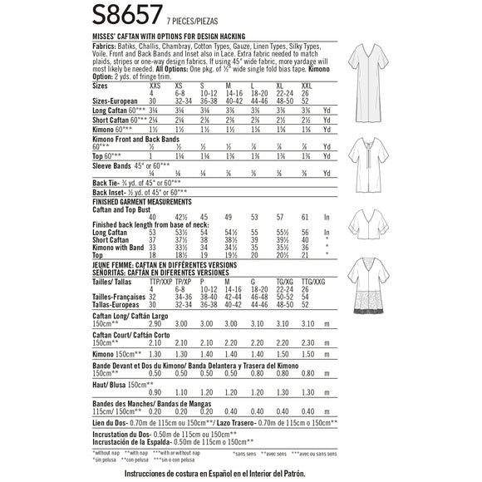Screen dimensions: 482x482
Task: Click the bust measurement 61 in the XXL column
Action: coord(307,216)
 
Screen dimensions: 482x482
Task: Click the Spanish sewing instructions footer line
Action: coord(240,473)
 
